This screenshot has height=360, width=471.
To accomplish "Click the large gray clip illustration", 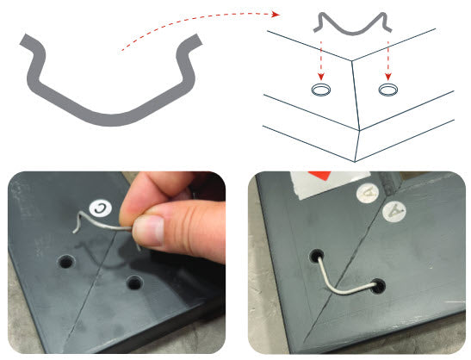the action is (x=110, y=120).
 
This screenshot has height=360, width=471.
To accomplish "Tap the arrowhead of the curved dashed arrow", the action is (x=276, y=14).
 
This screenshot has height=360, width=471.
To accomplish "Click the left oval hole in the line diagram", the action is (x=320, y=90).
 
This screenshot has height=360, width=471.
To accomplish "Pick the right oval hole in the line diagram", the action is (x=387, y=90).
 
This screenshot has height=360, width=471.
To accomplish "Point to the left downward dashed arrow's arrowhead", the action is (x=321, y=77).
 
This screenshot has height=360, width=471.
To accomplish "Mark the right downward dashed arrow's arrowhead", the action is (x=388, y=77).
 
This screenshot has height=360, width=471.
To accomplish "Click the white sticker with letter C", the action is (x=101, y=208).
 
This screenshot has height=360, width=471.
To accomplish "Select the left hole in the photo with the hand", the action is (x=66, y=262).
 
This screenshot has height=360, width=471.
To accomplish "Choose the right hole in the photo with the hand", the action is (x=134, y=282).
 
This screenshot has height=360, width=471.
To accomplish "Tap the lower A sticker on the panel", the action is (x=394, y=212).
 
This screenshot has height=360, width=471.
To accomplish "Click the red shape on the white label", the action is (x=319, y=176).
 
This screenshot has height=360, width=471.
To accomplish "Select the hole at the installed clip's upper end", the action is (x=317, y=256).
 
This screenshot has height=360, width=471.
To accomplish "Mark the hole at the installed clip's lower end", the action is (x=379, y=287).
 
